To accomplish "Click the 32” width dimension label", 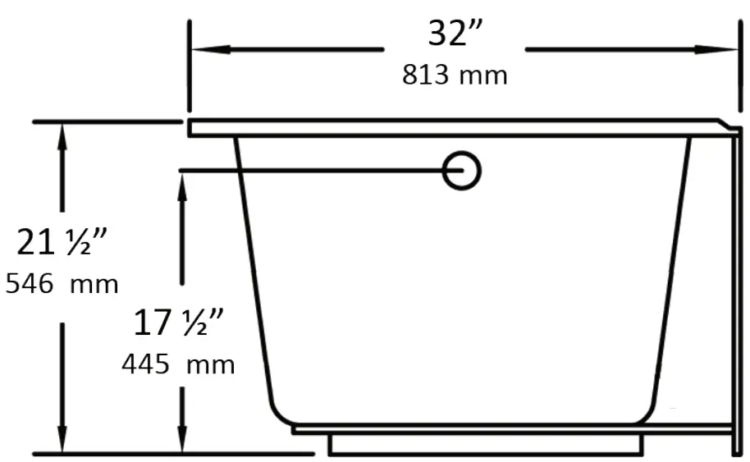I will [455, 34].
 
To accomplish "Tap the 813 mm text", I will [455, 75].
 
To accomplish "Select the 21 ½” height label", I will [62, 243].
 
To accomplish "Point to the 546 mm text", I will [62, 285].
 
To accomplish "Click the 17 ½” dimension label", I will [180, 323].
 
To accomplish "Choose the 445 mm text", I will [178, 364].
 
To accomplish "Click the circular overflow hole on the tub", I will [461, 171].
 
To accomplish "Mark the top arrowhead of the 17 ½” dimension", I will [182, 182].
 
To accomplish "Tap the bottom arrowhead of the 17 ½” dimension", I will [182, 440].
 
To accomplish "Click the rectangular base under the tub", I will [484, 445].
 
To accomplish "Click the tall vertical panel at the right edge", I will [736, 287].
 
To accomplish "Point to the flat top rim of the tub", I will [451, 127].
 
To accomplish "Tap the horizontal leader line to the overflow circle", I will [312, 171].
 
